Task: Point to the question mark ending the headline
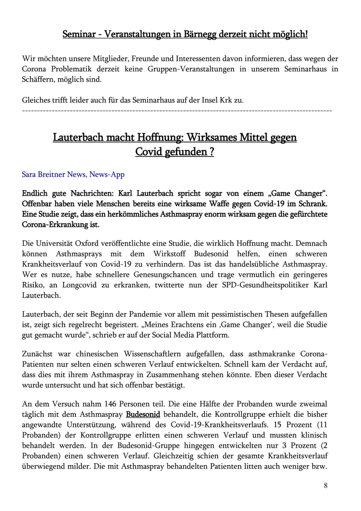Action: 211,152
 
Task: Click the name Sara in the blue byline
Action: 30,174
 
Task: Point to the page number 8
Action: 325,485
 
